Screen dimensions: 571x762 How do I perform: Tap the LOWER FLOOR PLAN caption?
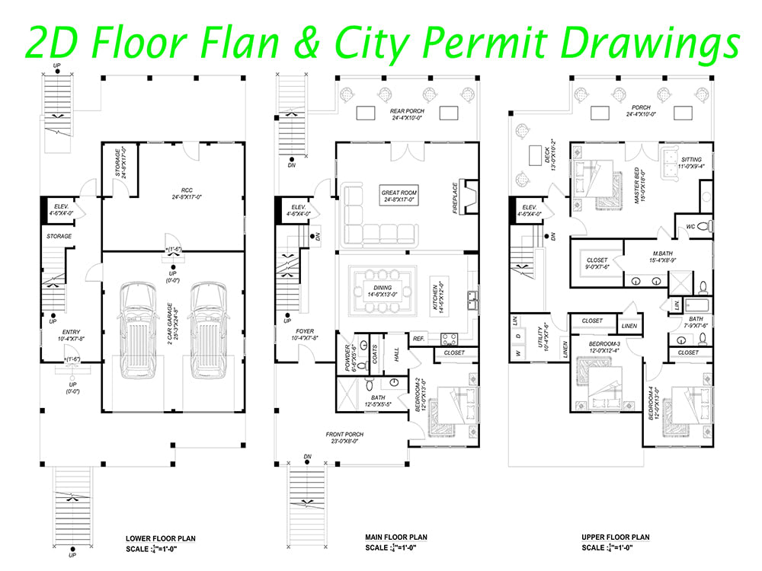click(161, 538)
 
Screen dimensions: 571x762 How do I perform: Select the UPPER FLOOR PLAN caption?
click(615, 538)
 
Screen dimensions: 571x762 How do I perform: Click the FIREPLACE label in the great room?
click(455, 199)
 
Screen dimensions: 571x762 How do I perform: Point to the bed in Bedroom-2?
click(450, 411)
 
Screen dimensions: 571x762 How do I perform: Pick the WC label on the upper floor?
click(689, 226)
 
